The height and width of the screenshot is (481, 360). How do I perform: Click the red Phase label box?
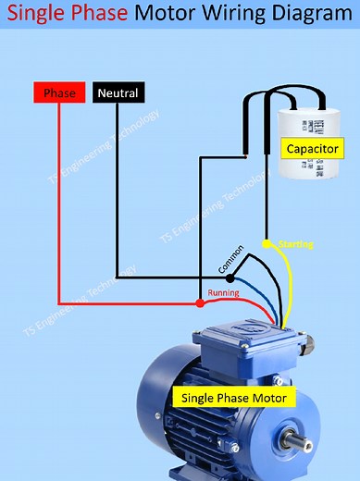[x=59, y=93]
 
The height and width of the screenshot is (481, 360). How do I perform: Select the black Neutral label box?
[x=118, y=93]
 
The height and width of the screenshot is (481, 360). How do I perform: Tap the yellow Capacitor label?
[x=311, y=149]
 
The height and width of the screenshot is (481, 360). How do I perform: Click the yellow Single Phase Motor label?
[x=234, y=398]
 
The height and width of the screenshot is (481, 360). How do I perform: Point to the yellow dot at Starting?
[x=267, y=244]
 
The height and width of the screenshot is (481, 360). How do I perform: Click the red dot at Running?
[x=200, y=302]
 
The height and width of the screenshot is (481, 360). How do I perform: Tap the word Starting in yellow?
[x=295, y=244]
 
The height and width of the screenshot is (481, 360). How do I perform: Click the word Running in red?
[x=223, y=293]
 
